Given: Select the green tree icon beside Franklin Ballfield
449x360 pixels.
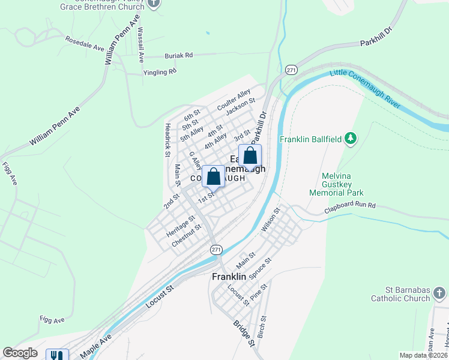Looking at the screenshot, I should click(351, 139).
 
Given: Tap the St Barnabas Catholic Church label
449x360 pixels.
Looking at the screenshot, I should click(400, 294).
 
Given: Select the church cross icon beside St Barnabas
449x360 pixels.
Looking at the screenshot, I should click(439, 293).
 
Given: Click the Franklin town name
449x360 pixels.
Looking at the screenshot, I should click(229, 277).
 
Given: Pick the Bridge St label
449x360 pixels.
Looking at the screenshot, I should click(244, 331).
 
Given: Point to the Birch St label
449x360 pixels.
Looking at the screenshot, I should click(262, 327).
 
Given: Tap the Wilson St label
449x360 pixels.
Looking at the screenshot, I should click(271, 220).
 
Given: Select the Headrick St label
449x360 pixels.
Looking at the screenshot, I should click(167, 140).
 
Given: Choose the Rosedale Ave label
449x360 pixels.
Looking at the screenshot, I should click(85, 46).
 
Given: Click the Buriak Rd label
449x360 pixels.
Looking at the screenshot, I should click(179, 55).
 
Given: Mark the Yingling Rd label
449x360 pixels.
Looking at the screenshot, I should click(160, 72).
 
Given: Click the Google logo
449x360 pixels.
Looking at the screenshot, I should click(20, 353).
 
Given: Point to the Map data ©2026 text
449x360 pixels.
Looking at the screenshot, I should click(423, 355).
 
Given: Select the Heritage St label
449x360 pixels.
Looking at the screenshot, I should click(181, 226).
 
